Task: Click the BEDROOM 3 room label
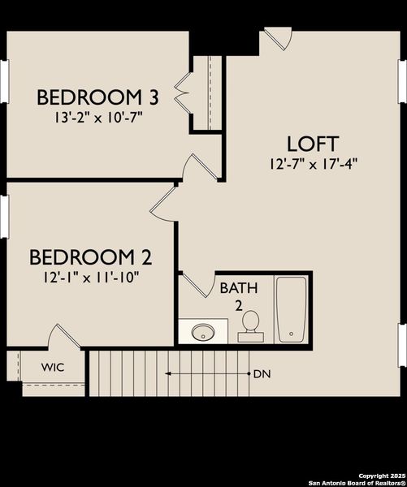97,98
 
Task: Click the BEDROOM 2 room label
91,258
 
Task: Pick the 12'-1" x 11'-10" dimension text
91,277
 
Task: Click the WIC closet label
53,368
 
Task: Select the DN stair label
262,374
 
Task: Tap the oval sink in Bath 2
203,332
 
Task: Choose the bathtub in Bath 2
290,310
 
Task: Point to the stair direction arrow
206,374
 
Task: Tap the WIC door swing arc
63,337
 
